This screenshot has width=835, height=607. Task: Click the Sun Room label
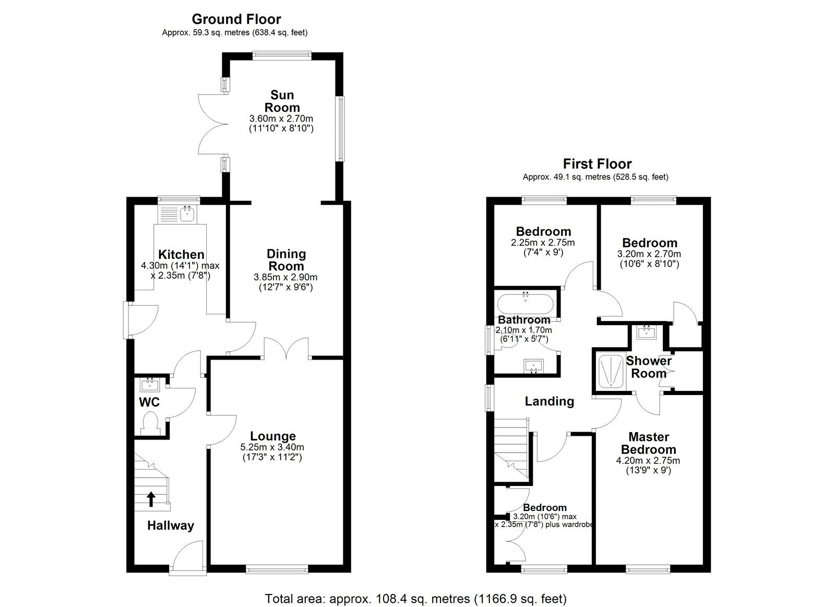[x=282, y=101]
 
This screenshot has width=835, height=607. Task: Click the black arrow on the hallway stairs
[x=151, y=499]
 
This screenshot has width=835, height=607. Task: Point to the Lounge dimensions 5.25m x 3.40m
[x=272, y=447]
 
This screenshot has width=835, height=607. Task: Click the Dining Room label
[x=286, y=260]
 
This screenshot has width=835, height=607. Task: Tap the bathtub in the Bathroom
[x=525, y=303]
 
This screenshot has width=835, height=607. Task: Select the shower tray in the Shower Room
[x=610, y=371]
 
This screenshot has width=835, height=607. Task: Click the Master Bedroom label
[x=648, y=443]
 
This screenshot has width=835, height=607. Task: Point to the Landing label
[x=549, y=401]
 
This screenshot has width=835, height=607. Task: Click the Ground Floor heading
[x=236, y=19]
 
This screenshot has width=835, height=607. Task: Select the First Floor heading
[x=597, y=164]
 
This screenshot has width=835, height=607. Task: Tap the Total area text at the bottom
[x=415, y=599]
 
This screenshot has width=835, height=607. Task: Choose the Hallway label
[x=170, y=526]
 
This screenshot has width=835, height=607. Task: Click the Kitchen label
[x=181, y=255]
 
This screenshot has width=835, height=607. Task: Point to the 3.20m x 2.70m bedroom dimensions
[x=649, y=254]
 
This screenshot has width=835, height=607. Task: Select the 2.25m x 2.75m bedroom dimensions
[x=543, y=243]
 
